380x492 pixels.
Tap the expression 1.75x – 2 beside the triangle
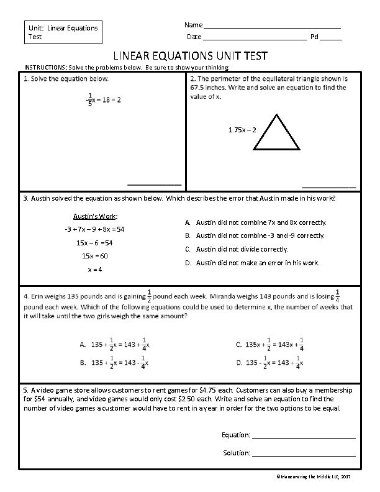[243, 130]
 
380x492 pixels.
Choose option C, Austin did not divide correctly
[237, 249]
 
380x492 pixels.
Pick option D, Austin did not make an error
[252, 263]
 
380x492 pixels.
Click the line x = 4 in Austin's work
[94, 270]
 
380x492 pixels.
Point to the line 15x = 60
[94, 256]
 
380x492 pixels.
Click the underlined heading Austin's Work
[95, 216]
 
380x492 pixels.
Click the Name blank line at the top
[273, 27]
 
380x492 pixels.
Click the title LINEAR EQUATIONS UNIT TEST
[190, 56]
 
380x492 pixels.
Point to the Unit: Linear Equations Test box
[61, 32]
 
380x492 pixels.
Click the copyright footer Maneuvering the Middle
[313, 475]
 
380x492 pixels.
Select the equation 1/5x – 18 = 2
[104, 99]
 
